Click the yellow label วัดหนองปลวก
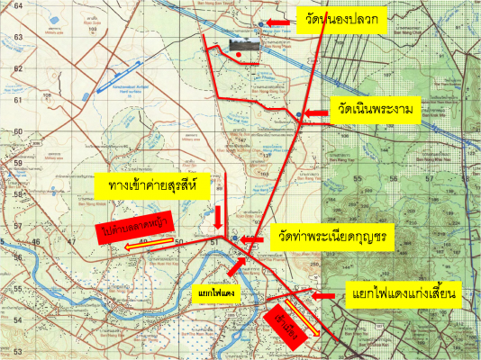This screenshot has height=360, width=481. point(343,22)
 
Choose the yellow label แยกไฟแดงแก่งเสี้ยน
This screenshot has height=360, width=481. point(405,295)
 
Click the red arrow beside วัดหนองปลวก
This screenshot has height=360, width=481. point(278,20)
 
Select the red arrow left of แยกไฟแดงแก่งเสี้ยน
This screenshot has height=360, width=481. point(325,294)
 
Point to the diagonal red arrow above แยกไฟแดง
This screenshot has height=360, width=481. point(235,266)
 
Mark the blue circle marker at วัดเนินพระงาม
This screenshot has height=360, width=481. point(298,114)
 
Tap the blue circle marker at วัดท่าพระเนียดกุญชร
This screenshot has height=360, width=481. point(233,238)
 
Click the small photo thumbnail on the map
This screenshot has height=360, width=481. point(242,44)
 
